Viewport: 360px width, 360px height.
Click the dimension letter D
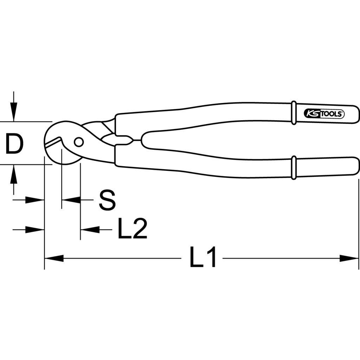click(14, 144)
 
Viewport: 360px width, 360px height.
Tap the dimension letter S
click(107, 200)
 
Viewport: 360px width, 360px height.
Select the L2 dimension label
click(132, 228)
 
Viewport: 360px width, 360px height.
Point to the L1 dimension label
click(203, 257)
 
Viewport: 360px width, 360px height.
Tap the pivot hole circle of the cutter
click(79, 142)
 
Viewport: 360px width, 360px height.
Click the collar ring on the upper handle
click(294, 113)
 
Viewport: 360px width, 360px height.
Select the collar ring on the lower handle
click(294, 167)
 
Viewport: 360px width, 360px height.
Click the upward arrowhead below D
click(14, 174)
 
